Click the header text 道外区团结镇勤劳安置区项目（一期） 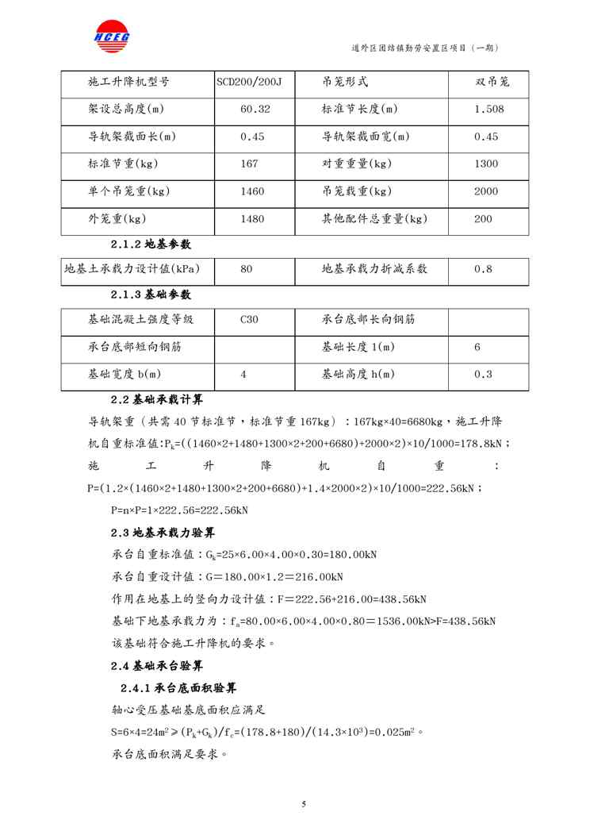click(424, 48)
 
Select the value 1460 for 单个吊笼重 click(252, 191)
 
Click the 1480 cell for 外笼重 click(252, 218)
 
